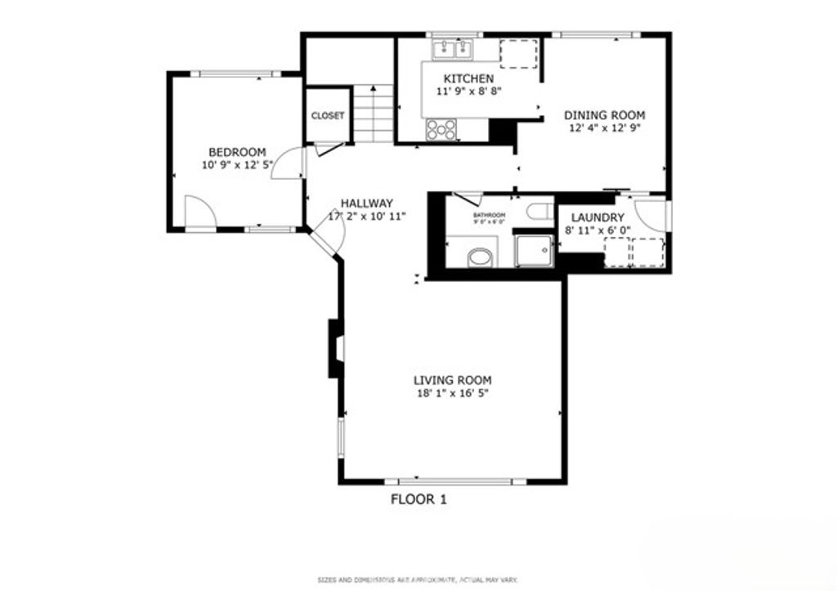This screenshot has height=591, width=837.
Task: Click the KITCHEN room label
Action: click(x=468, y=78)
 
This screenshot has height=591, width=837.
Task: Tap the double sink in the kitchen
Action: click(x=452, y=51)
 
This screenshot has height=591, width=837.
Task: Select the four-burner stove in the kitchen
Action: click(x=441, y=129)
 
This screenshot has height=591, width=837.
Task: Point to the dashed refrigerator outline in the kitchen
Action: click(x=518, y=53)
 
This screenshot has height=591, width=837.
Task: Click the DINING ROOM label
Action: click(x=604, y=115)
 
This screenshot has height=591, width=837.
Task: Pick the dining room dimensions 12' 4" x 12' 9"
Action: click(x=604, y=128)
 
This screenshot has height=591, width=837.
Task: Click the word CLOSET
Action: click(x=328, y=116)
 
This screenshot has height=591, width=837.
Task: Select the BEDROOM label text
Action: click(x=237, y=152)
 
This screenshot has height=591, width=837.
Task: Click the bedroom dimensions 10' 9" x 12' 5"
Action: click(x=237, y=164)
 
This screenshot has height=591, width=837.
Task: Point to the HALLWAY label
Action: click(x=367, y=204)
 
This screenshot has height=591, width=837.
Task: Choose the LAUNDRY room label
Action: click(x=598, y=217)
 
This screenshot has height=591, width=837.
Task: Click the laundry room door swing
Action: click(x=651, y=215)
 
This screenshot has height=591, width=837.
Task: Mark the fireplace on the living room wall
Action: click(x=336, y=348)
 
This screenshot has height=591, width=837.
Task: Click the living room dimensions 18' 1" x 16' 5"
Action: click(x=452, y=393)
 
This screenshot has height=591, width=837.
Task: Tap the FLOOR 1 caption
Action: click(x=418, y=499)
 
